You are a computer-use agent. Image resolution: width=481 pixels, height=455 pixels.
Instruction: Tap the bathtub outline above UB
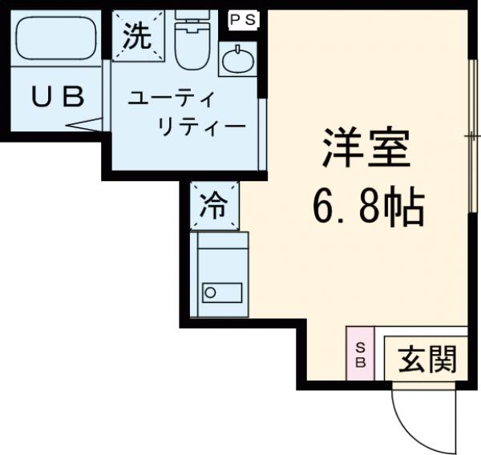click(55, 38)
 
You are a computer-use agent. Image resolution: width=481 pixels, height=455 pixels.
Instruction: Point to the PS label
click(244, 19)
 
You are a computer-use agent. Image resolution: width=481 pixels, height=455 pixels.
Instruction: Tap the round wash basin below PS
click(238, 62)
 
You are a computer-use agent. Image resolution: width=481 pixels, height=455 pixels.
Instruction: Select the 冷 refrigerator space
click(213, 206)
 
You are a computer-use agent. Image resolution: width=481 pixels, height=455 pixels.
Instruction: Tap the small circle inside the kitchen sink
click(210, 292)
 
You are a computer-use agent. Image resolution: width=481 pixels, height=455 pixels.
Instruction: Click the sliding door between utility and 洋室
click(261, 134)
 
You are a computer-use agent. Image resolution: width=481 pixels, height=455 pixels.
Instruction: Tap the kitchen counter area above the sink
click(220, 254)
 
